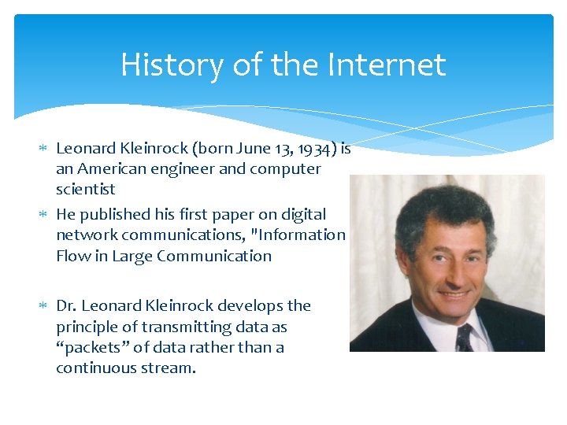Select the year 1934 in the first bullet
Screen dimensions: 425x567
[321, 147]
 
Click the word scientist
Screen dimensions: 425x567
[85, 189]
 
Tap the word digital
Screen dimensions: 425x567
[302, 214]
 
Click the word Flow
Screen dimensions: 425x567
[73, 256]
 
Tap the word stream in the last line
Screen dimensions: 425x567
[169, 368]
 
